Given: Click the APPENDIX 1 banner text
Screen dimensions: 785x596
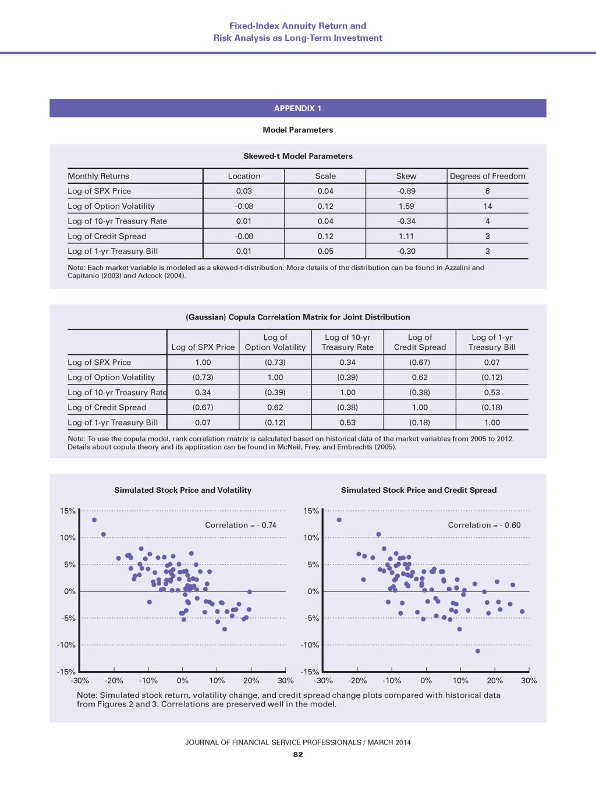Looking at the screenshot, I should [297, 108].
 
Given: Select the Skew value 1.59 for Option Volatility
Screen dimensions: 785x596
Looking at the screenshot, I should [406, 206].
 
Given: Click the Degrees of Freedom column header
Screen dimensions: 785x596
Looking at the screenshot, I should [487, 176].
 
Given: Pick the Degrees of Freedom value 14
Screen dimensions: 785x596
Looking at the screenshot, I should [487, 206].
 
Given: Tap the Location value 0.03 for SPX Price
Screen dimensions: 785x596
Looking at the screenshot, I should [244, 191].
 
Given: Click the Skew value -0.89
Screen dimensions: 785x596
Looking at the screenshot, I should [406, 191].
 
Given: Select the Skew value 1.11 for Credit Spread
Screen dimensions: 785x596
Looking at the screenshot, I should [406, 236].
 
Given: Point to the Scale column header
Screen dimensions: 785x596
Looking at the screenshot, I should [325, 176].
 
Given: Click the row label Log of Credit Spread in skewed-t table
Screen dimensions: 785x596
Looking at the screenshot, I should [107, 236].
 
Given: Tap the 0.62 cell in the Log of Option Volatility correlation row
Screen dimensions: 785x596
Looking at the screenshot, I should [420, 377].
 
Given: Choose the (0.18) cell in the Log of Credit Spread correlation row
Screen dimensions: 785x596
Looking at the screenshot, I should [492, 407].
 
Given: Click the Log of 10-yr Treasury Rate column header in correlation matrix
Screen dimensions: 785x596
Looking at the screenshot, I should [347, 342].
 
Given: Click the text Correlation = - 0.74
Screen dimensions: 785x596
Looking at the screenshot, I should [240, 525].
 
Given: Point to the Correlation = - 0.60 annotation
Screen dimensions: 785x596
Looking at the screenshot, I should [484, 525].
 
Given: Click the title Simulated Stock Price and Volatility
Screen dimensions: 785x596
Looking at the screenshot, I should [183, 490].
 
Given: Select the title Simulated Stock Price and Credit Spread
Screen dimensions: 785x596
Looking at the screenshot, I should [418, 490].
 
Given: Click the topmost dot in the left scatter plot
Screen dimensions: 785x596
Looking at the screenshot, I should [94, 520].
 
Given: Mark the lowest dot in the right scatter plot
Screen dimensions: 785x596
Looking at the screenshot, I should [478, 651].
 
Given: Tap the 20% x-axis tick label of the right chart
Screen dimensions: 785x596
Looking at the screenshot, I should [495, 680].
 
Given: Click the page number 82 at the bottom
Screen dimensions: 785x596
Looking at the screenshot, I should [298, 754].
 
